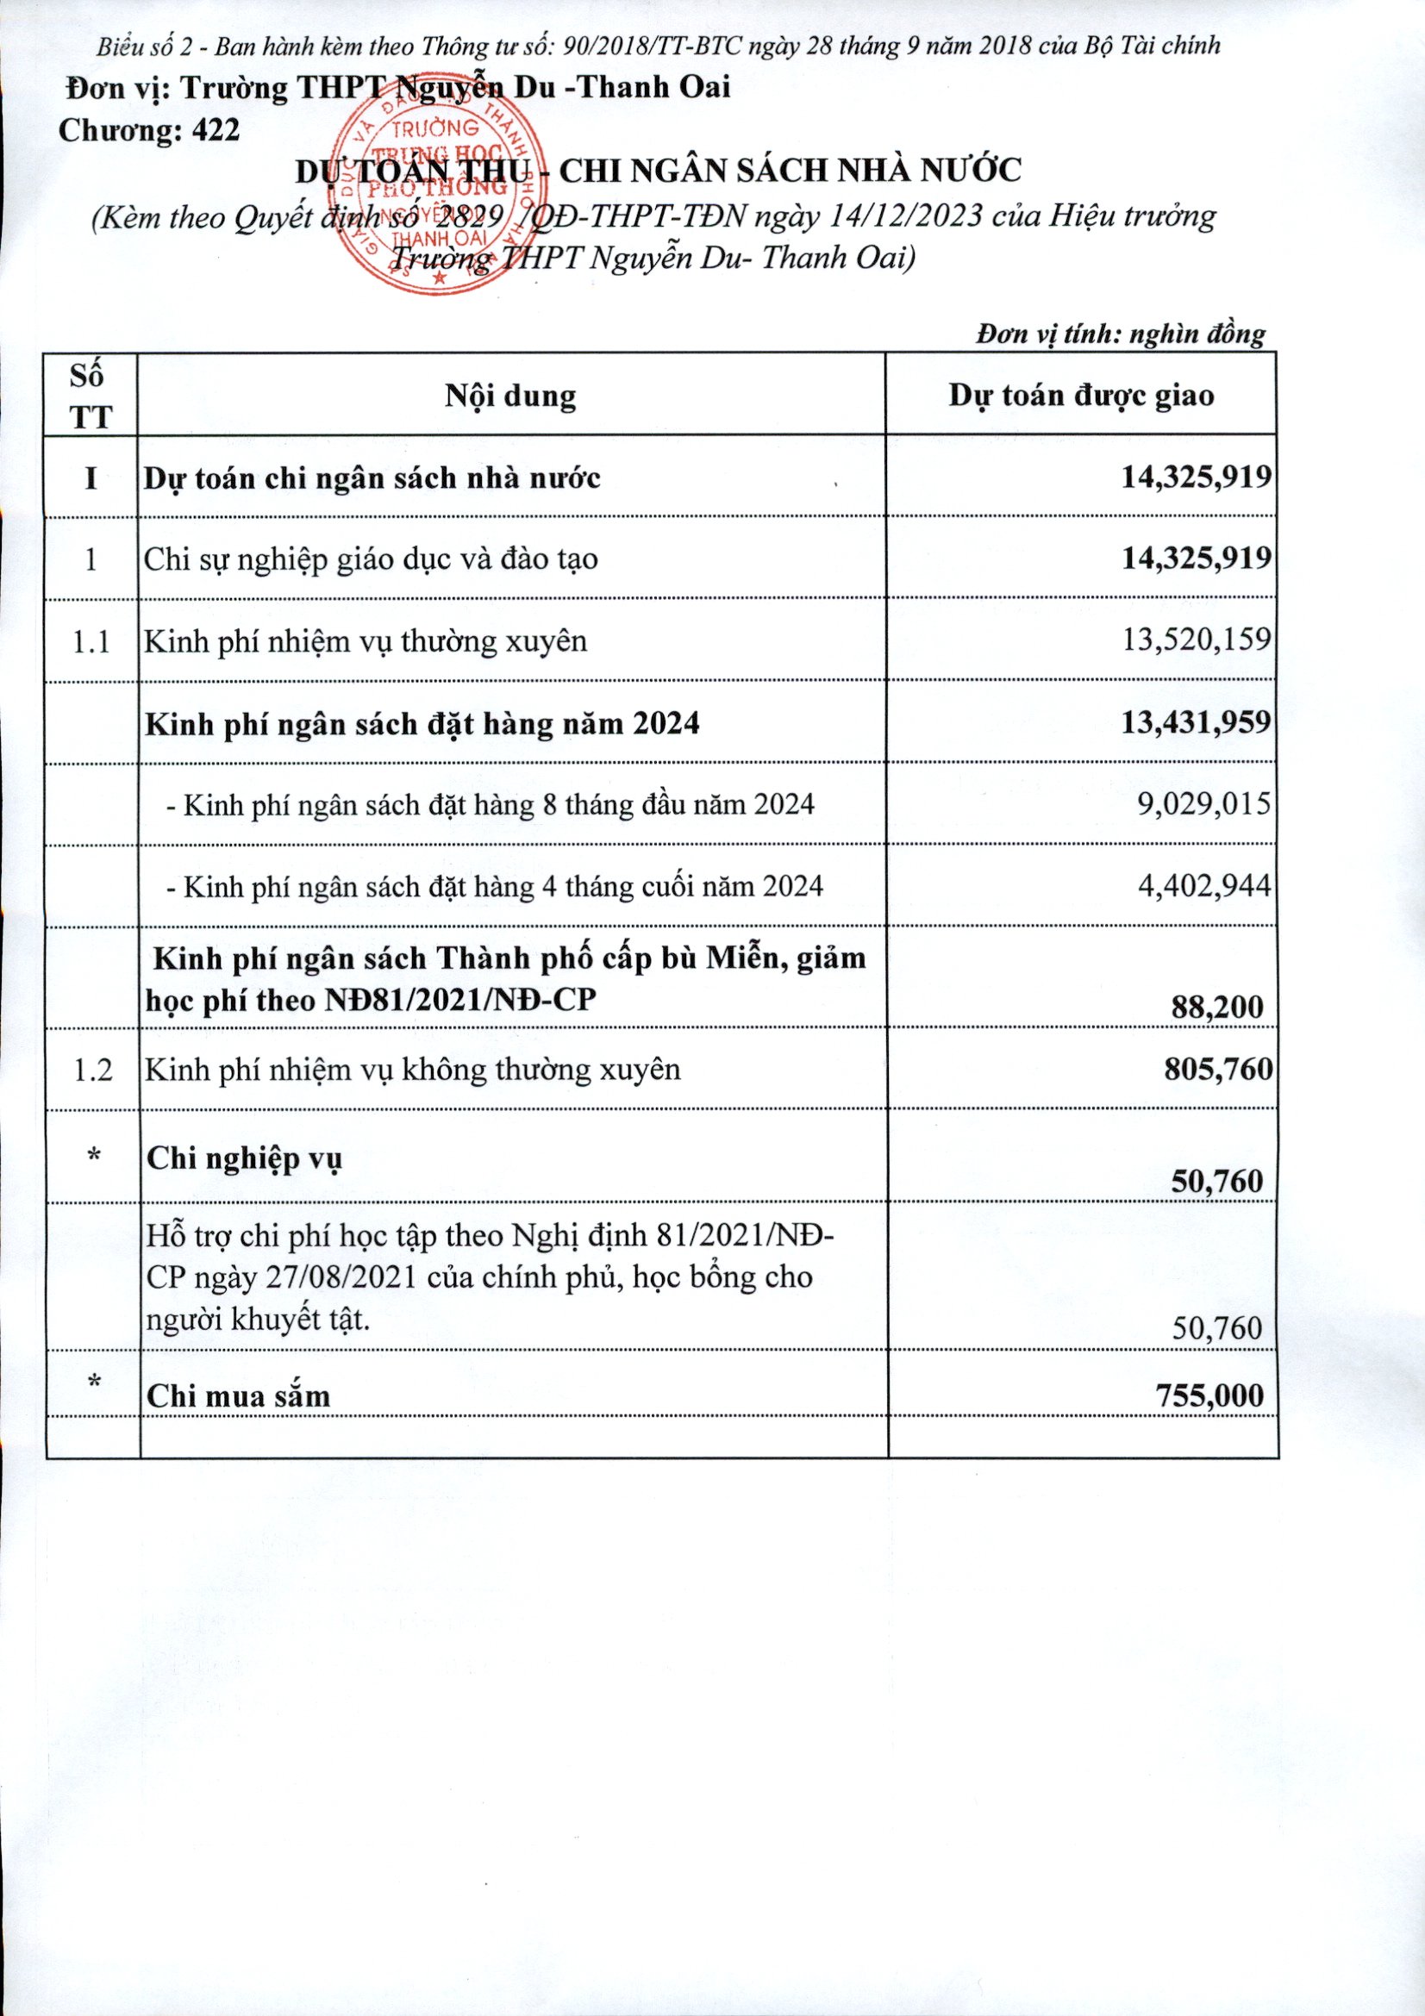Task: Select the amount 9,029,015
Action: pyautogui.click(x=1203, y=803)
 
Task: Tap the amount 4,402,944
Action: pyautogui.click(x=1203, y=885)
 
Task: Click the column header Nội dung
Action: pyautogui.click(x=510, y=395)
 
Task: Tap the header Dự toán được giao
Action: pyautogui.click(x=1081, y=395)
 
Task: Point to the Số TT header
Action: pyautogui.click(x=91, y=395)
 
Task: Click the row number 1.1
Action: pyautogui.click(x=91, y=642)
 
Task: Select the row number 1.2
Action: pyautogui.click(x=91, y=1070)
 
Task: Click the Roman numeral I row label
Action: pyautogui.click(x=91, y=478)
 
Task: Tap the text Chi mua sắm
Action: pyautogui.click(x=238, y=1396)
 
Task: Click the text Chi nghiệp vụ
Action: pyautogui.click(x=244, y=1159)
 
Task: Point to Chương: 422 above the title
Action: pyautogui.click(x=148, y=130)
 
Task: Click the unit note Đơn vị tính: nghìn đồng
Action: pyautogui.click(x=1121, y=334)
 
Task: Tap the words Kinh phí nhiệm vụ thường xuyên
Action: pyautogui.click(x=366, y=641)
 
